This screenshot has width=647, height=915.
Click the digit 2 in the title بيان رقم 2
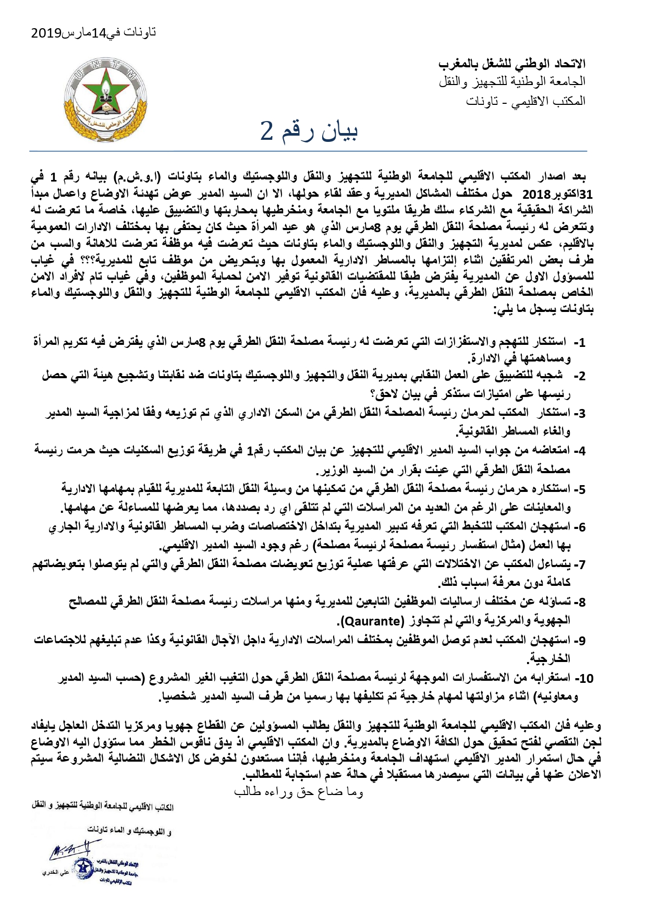266,133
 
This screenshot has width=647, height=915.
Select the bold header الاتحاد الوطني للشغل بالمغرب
511,64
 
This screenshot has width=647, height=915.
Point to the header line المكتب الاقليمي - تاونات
526,101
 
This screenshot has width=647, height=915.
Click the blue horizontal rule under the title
308,151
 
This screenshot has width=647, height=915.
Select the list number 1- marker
579,343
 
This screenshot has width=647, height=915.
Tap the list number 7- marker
579,564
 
